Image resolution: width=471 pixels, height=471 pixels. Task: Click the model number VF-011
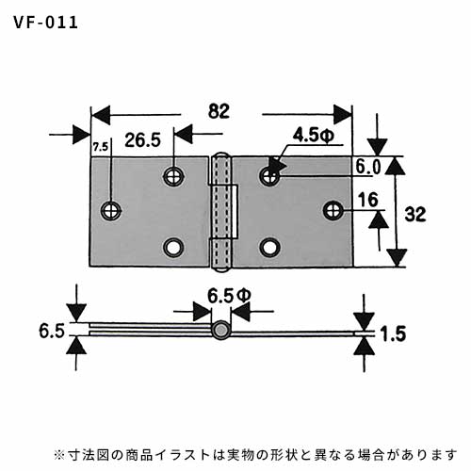click(46, 23)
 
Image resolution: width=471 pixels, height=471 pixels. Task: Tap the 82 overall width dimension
click(219, 111)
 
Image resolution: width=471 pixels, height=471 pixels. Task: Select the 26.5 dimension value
click(142, 140)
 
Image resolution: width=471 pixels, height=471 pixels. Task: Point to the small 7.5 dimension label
click(101, 147)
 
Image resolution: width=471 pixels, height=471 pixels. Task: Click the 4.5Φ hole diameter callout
click(314, 136)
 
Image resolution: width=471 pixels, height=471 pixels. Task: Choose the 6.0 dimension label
click(368, 167)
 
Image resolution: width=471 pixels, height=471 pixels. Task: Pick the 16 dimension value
click(367, 200)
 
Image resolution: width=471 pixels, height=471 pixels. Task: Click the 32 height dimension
click(415, 215)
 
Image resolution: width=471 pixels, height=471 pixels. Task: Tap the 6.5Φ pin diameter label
click(229, 296)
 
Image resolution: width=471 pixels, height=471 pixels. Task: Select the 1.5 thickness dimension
click(393, 333)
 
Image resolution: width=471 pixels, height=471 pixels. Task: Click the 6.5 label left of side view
click(52, 331)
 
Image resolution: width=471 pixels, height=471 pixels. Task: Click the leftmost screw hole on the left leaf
click(111, 210)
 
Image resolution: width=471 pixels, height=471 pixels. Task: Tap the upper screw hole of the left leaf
click(173, 176)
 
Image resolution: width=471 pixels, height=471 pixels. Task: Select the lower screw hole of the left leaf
click(173, 248)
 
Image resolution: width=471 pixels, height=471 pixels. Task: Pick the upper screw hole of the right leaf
click(269, 176)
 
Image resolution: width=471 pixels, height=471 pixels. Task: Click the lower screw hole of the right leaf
click(270, 248)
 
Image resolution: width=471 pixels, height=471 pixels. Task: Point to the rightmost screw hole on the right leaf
click(333, 210)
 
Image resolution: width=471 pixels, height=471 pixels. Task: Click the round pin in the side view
click(220, 330)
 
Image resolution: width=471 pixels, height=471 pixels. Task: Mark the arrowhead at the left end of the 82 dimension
click(101, 115)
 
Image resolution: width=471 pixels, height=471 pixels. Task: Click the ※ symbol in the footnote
click(59, 455)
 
